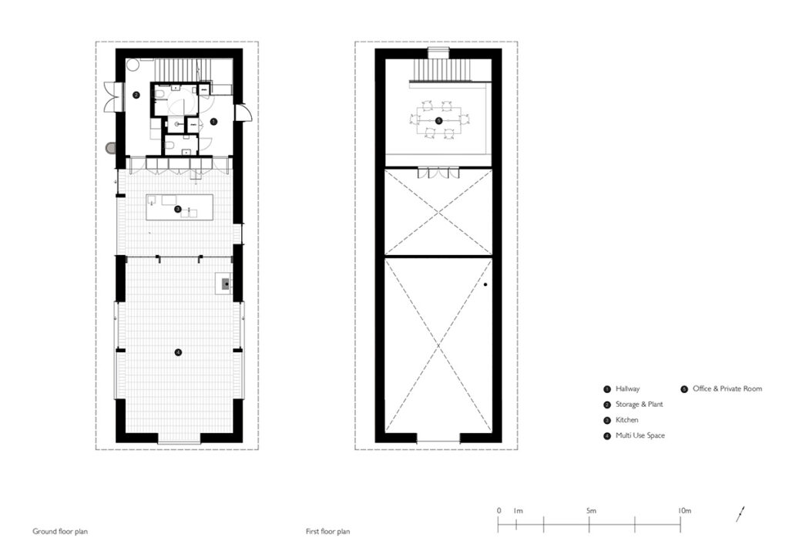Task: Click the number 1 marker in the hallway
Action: click(x=213, y=122)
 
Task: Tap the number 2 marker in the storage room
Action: click(x=136, y=95)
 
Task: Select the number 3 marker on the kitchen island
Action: click(x=178, y=209)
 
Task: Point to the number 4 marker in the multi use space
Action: click(x=178, y=353)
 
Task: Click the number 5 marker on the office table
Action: click(x=438, y=121)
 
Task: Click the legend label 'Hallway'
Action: click(x=627, y=389)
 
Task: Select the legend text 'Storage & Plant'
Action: click(x=639, y=405)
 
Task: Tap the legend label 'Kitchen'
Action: click(x=627, y=420)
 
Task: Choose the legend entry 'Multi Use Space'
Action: click(x=640, y=435)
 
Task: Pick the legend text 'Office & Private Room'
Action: click(x=727, y=389)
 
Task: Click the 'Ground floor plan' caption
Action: click(x=60, y=531)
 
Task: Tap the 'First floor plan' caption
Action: click(x=327, y=531)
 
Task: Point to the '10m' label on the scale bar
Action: click(x=684, y=511)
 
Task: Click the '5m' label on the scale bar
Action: click(x=591, y=511)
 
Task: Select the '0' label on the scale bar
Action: click(x=499, y=511)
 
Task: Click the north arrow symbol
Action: click(x=740, y=514)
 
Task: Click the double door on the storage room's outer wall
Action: click(x=111, y=96)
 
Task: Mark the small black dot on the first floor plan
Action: click(x=485, y=285)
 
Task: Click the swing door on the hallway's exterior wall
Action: click(x=242, y=113)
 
